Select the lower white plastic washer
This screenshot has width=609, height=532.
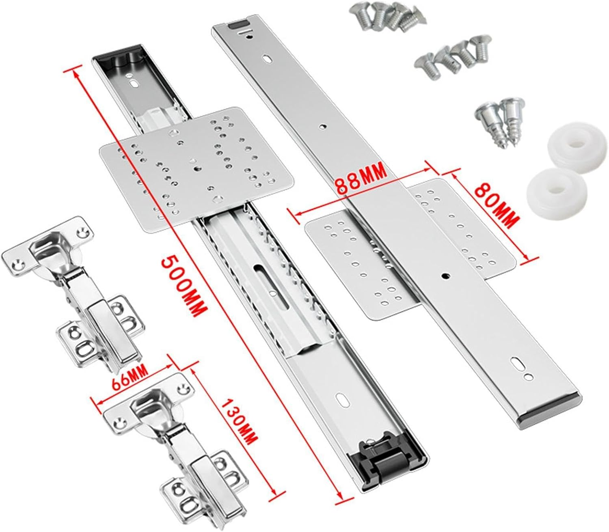(557, 190)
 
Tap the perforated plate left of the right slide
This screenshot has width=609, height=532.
(361, 264)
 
